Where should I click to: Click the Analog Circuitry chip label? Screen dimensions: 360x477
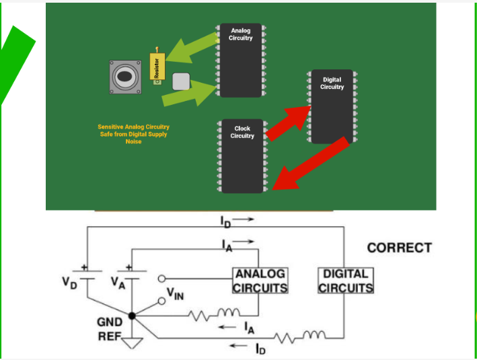point(241,34)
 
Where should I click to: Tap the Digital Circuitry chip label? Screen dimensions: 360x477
point(332,83)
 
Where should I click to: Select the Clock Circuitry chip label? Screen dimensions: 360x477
point(242,132)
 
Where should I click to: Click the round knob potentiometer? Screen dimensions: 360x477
point(125,77)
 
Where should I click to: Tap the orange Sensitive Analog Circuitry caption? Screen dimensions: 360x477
point(133,134)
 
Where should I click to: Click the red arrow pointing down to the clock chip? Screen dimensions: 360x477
point(313,164)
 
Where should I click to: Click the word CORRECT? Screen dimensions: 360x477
point(399,248)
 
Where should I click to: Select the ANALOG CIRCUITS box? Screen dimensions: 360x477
point(260,281)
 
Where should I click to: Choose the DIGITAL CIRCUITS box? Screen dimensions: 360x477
point(346,281)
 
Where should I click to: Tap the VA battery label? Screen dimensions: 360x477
point(117,281)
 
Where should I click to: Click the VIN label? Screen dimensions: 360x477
point(176,293)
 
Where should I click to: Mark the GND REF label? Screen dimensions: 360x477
point(110,329)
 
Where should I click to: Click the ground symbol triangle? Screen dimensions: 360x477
point(137,344)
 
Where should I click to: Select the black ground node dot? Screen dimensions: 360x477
point(132,315)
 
